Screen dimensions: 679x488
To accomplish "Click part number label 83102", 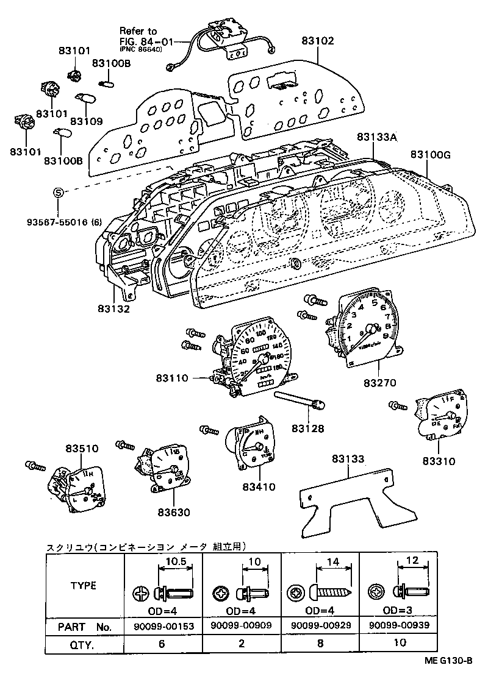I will [x=318, y=41].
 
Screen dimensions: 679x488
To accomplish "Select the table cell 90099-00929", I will [x=319, y=625].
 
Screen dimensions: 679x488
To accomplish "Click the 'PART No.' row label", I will [x=84, y=626].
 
